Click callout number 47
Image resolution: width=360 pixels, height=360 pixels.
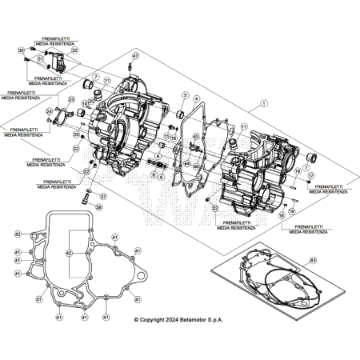point(135,55)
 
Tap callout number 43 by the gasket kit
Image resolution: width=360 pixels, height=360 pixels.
point(313,260)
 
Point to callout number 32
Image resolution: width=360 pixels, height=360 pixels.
point(74,50)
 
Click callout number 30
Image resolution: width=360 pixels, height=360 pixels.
point(22,50)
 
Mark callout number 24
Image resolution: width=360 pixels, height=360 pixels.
point(49,111)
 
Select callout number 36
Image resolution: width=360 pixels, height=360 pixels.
point(98,206)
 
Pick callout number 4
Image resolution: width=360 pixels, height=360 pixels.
point(196,98)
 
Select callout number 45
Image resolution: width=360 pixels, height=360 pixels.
point(195,138)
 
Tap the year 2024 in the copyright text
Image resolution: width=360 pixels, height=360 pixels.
point(179,320)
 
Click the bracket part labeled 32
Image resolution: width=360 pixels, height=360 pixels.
point(57,58)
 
